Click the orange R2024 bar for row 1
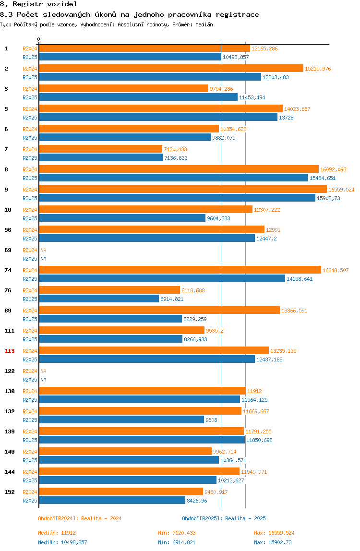(x=144, y=48)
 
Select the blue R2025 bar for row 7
(x=101, y=158)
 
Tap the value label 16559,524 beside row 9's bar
(x=341, y=190)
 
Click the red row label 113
(x=10, y=351)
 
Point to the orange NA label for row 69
(x=43, y=250)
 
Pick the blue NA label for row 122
(x=43, y=380)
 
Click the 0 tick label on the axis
(x=39, y=39)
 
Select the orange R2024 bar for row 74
(x=180, y=270)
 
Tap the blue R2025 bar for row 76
(x=99, y=299)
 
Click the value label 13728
(x=286, y=118)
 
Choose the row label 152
(x=10, y=492)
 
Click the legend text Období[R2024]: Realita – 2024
(x=80, y=518)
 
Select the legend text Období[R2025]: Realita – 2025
(x=224, y=518)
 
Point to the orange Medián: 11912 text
(x=57, y=533)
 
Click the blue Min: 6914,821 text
(x=177, y=542)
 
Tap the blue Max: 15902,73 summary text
(x=273, y=542)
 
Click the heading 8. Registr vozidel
(x=38, y=4)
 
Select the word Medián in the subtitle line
(x=204, y=24)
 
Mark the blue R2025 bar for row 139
(x=142, y=440)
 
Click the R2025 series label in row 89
(x=30, y=320)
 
